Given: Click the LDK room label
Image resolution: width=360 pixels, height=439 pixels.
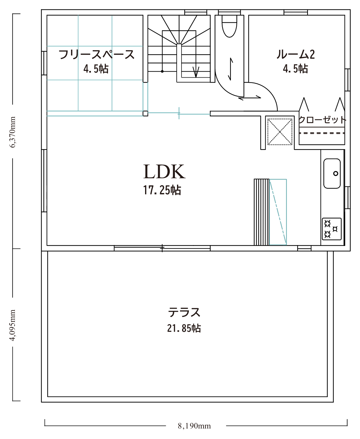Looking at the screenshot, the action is [164, 171].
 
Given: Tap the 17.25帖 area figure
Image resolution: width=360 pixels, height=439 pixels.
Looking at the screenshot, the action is [162, 190].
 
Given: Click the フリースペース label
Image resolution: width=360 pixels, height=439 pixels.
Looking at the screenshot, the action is [96, 54].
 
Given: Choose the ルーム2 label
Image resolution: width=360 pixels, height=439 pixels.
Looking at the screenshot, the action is [295, 54].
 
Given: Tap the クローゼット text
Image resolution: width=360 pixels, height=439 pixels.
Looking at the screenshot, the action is [322, 120].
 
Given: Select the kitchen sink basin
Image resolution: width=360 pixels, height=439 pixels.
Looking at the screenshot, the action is [332, 173].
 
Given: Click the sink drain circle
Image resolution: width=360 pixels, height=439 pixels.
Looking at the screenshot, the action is [336, 173].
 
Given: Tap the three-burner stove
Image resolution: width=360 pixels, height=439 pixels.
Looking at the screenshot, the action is [332, 229].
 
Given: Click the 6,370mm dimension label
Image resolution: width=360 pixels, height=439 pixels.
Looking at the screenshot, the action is [13, 132].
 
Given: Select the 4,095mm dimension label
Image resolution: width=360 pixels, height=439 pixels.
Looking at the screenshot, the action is [13, 325].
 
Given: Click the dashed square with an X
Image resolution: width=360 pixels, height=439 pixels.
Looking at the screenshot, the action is [280, 132].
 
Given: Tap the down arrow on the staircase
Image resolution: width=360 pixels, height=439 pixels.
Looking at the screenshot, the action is [196, 72].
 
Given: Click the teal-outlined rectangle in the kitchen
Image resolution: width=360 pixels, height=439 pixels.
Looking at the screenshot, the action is [278, 212].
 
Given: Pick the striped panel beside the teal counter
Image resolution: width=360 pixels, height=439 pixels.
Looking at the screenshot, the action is [262, 212].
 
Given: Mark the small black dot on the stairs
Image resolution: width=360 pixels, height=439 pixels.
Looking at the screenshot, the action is [162, 71].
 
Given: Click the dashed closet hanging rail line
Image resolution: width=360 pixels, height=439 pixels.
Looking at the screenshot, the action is [322, 133].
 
